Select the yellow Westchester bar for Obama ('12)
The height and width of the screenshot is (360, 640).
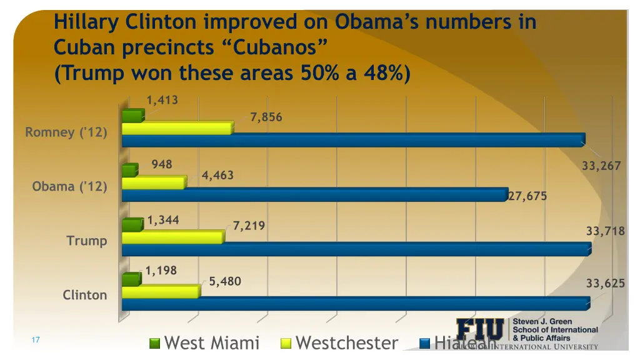153,182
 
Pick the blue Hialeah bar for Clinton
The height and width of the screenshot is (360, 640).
354,304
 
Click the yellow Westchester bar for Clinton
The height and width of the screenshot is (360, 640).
160,291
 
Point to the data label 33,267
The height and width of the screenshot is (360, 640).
601,166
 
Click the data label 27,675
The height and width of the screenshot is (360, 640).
527,196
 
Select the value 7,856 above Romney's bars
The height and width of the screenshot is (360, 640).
266,117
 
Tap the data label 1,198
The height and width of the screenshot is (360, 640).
161,271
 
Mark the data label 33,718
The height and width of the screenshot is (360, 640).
605,231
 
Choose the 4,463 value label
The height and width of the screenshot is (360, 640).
217,176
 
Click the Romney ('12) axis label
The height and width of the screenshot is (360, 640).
66,132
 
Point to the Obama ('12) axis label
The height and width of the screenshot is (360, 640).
69,187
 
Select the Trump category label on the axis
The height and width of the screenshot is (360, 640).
86,241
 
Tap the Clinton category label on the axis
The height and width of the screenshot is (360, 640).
84,295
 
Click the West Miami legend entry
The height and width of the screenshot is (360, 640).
204,343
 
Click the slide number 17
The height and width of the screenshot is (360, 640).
36,340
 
